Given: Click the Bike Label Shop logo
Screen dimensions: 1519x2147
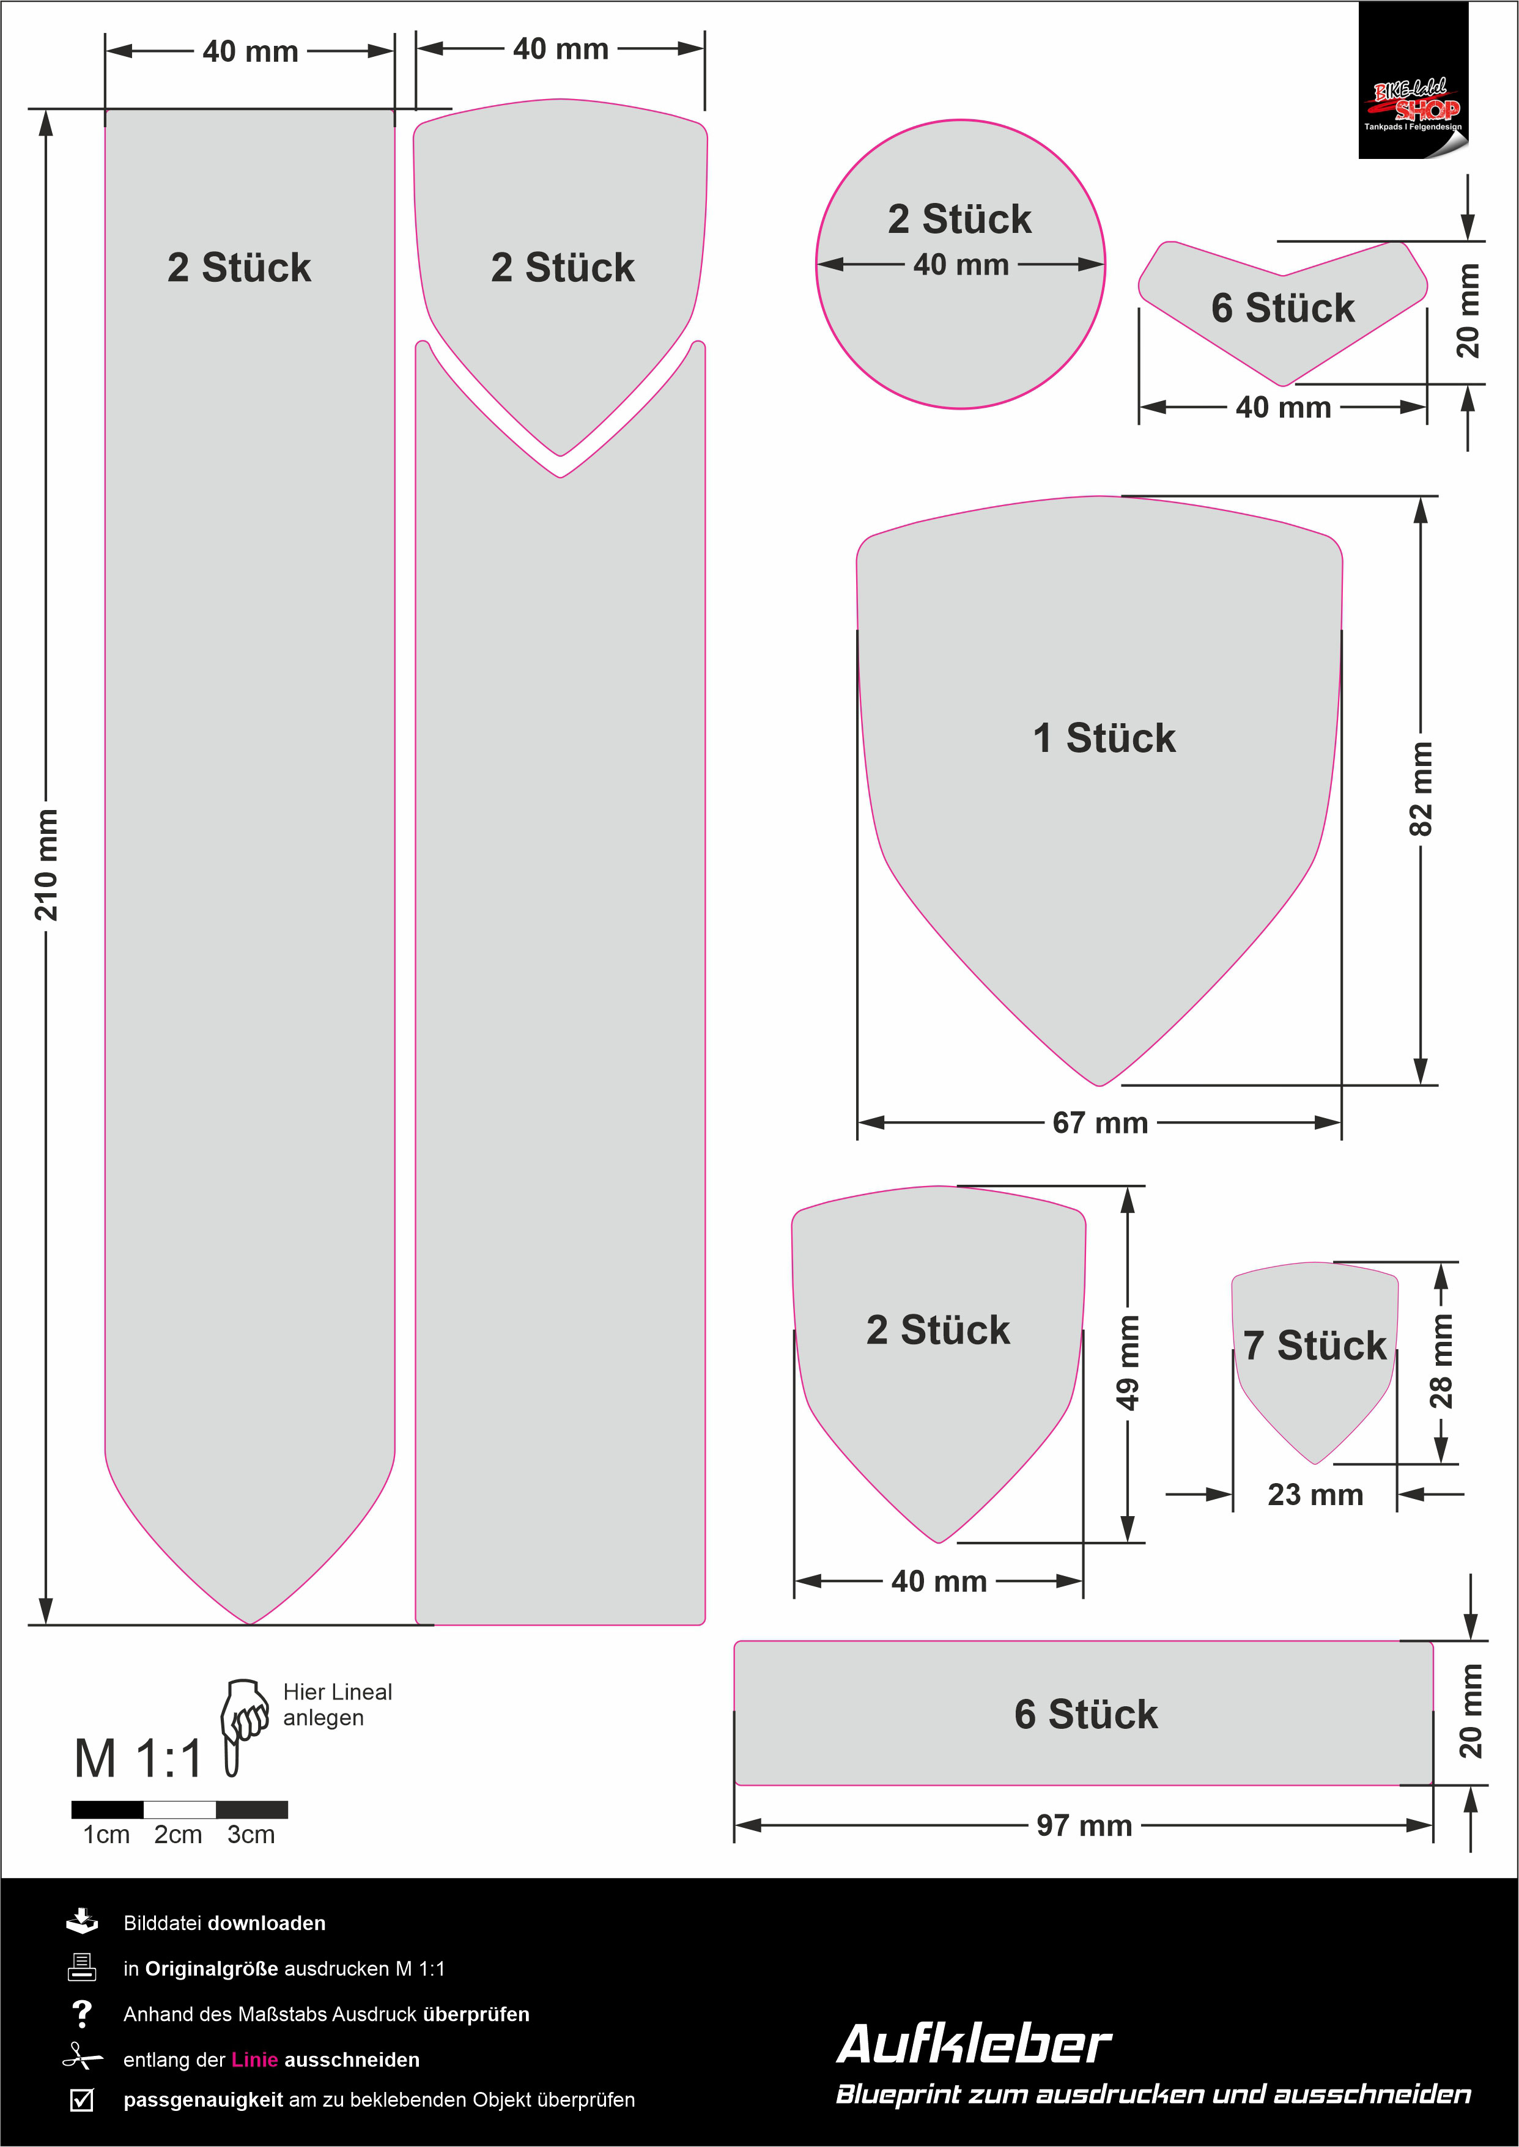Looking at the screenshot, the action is click(x=1413, y=81).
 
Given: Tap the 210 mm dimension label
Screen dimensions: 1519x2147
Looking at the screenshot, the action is click(x=46, y=865).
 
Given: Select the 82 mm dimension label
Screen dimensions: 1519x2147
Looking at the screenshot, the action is click(x=1420, y=788).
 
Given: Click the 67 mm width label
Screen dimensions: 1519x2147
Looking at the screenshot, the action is click(x=1100, y=1122).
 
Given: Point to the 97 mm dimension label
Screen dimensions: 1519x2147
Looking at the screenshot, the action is click(x=1084, y=1825).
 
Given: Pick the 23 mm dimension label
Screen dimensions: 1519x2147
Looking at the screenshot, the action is click(x=1315, y=1494).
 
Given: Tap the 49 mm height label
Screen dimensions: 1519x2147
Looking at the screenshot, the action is click(x=1128, y=1363).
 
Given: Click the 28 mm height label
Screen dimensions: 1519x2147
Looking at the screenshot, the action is click(x=1441, y=1361).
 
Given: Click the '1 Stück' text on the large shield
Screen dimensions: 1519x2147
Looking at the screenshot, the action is click(x=1104, y=738).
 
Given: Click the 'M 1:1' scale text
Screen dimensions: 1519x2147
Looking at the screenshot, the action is click(x=138, y=1759).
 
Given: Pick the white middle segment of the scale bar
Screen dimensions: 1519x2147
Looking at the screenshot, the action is click(x=180, y=1810).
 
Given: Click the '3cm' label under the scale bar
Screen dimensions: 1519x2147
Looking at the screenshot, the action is click(x=251, y=1835).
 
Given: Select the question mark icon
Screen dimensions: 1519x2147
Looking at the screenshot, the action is click(x=83, y=2013).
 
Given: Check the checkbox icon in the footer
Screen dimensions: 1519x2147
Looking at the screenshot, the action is click(x=83, y=2099).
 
